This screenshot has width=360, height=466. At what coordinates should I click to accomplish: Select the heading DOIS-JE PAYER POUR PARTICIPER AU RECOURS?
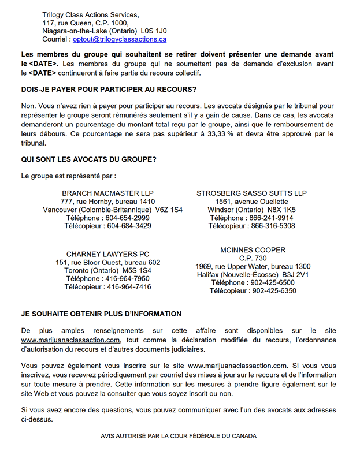[109, 90]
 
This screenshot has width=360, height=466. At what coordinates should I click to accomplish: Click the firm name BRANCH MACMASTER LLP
[107, 193]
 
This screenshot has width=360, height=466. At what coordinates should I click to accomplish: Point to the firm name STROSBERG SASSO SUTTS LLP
[251, 193]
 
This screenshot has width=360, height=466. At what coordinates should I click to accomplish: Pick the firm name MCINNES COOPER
[253, 250]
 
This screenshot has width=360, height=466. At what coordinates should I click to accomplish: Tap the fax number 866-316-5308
[273, 226]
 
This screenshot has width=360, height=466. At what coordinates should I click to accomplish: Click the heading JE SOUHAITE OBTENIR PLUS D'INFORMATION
[101, 314]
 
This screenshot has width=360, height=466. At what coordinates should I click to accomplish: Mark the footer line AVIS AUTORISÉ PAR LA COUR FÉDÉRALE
[179, 437]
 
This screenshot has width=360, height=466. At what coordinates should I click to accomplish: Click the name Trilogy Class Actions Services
[90, 14]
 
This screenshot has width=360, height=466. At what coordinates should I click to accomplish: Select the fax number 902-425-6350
[273, 291]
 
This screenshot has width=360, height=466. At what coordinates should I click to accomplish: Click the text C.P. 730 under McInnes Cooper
[253, 258]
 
